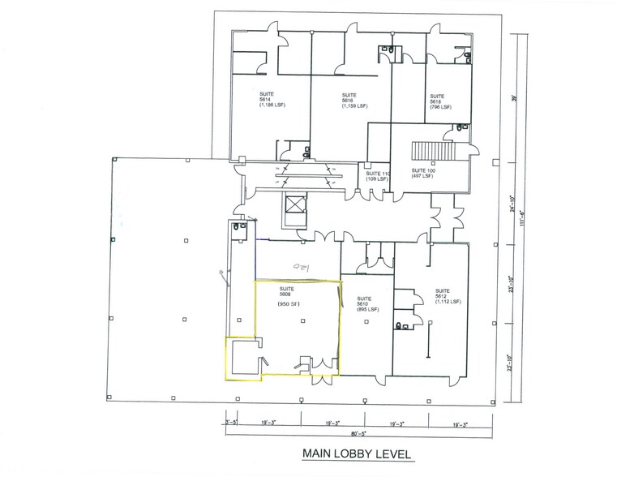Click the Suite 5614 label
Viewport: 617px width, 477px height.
click(268, 100)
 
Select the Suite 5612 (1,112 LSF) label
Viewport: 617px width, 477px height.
click(447, 295)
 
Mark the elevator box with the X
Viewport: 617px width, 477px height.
click(291, 204)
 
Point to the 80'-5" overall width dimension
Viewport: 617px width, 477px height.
click(358, 436)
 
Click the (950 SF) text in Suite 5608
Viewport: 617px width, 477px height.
click(289, 304)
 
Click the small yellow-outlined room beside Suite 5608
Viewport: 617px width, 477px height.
click(242, 359)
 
